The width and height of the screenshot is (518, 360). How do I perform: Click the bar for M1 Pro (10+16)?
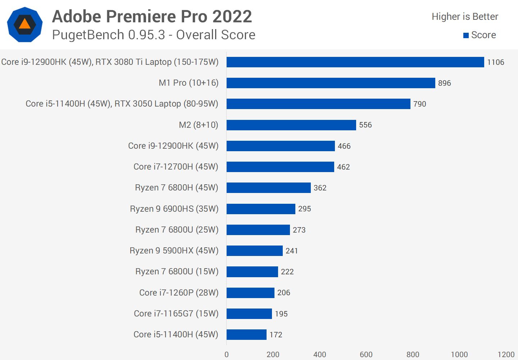331,83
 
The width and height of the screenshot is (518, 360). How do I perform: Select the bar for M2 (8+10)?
291,125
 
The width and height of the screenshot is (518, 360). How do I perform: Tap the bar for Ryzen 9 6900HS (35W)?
261,209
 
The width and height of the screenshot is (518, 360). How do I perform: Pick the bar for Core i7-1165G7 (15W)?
249,314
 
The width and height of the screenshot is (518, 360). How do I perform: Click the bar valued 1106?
355,62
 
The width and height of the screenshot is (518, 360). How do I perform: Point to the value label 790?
419,104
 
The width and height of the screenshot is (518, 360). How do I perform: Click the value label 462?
343,167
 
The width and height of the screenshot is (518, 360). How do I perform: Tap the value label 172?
276,335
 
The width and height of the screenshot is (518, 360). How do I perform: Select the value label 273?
299,230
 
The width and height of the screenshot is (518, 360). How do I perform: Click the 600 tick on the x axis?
366,355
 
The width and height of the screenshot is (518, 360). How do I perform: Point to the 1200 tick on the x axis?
506,355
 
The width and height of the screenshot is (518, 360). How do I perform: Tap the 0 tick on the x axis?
227,355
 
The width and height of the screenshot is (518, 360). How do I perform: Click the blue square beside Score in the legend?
466,35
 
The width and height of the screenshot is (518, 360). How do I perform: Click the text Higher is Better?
465,17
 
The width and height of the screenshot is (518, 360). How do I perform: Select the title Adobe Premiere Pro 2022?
152,17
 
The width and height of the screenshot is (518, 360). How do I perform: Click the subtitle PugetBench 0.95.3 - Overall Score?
154,35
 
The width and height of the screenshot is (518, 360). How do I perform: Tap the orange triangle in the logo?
24,24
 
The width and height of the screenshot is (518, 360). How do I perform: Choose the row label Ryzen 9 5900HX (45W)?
174,251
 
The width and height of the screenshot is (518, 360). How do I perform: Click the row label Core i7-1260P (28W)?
179,293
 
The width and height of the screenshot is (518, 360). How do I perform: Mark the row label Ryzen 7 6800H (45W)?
177,188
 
